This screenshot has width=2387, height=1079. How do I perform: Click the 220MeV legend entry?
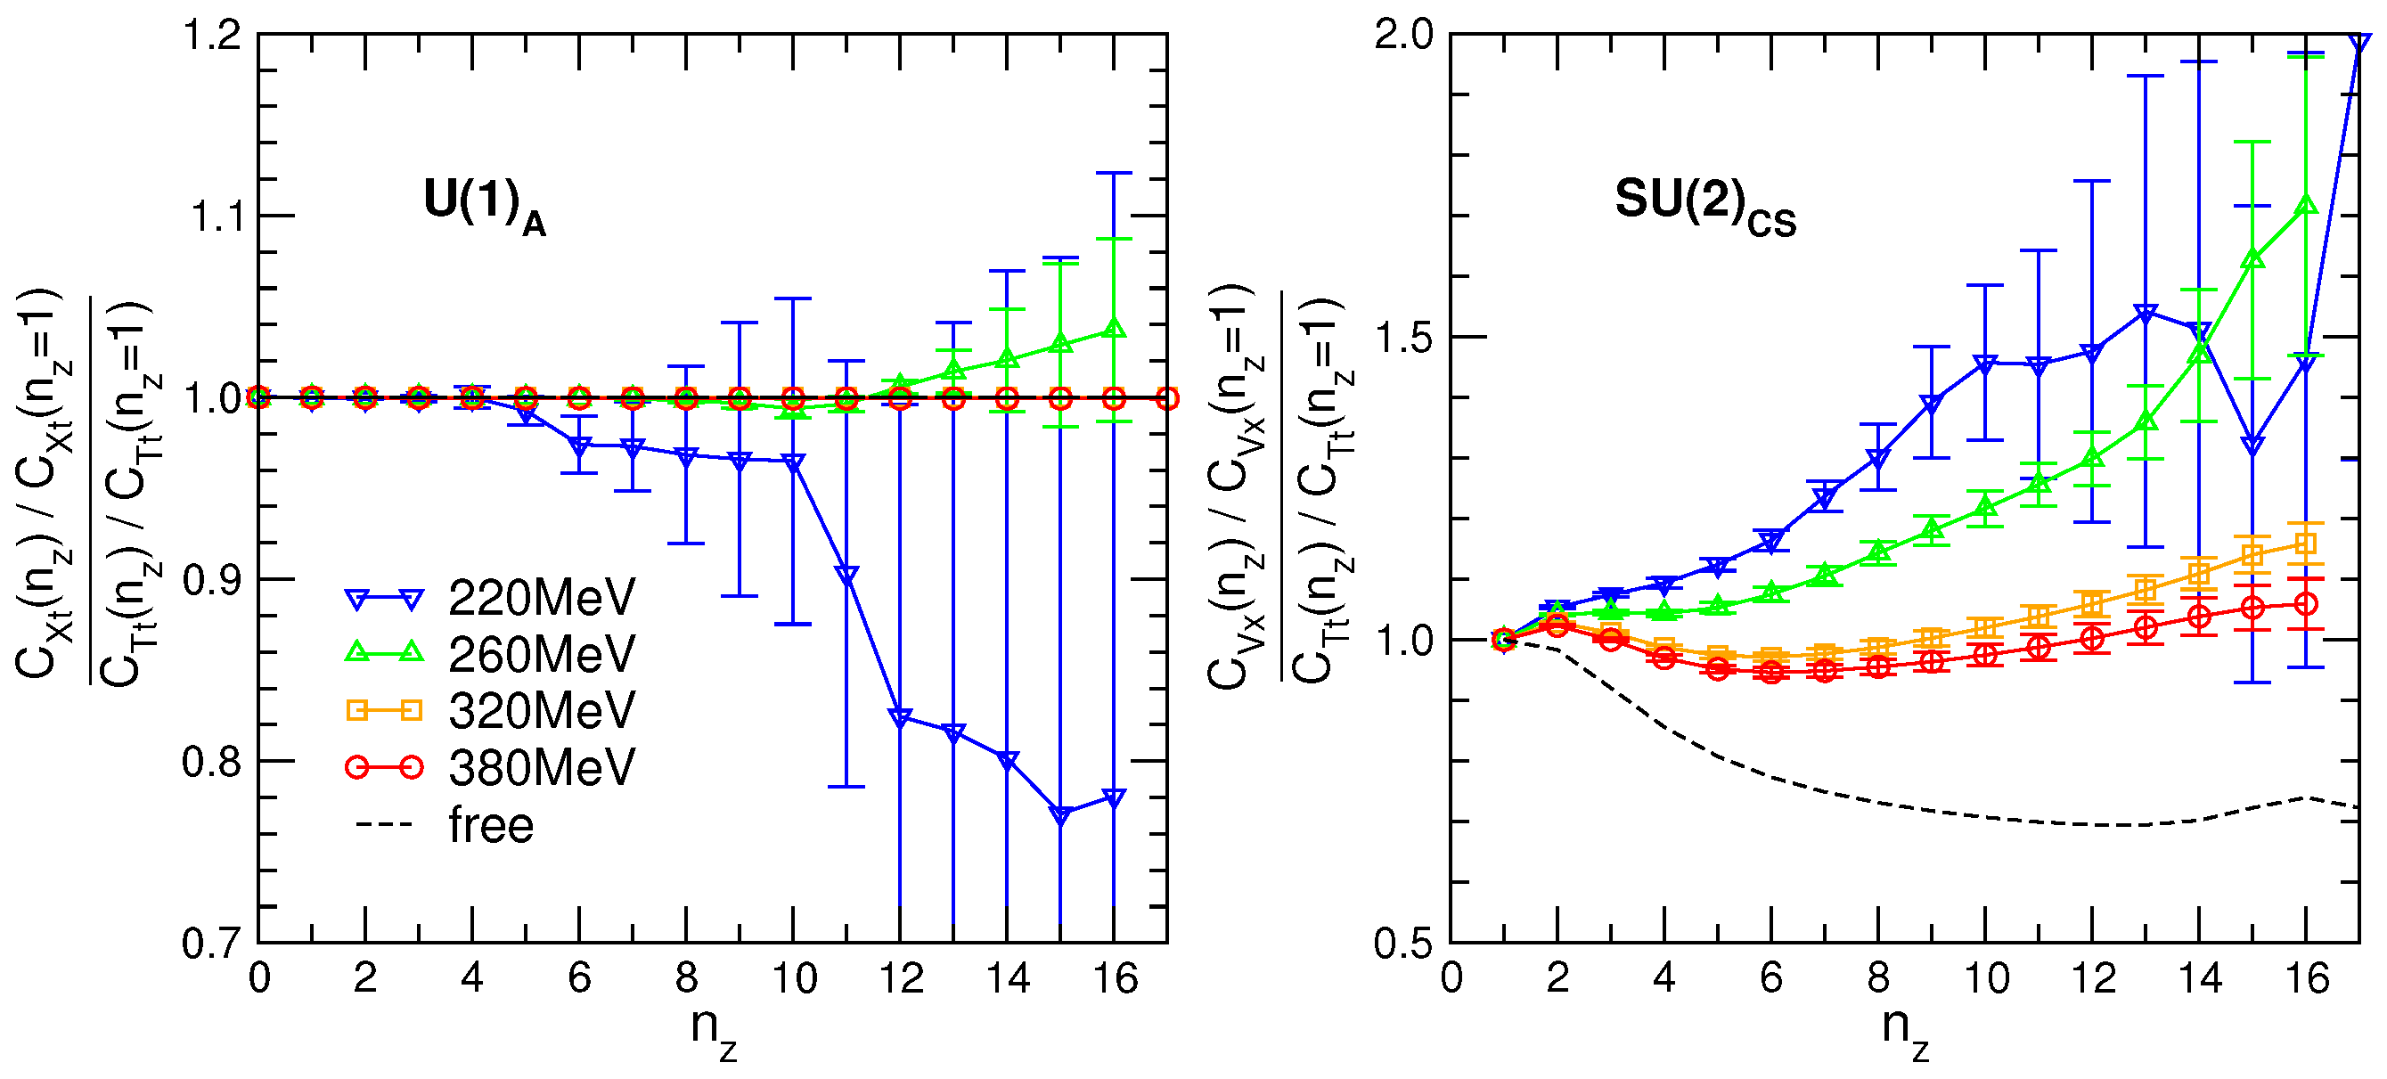click(x=541, y=598)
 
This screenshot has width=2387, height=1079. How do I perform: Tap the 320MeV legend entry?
click(x=541, y=711)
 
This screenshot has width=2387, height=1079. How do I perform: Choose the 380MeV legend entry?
click(x=541, y=767)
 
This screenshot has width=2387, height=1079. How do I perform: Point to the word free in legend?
click(x=491, y=825)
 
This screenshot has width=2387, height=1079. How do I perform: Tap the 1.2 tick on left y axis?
click(x=212, y=36)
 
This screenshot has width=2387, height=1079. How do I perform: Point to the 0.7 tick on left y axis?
click(x=212, y=943)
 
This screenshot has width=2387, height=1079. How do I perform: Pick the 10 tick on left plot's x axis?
click(x=793, y=979)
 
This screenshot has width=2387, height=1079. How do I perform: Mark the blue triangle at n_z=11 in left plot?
click(x=846, y=575)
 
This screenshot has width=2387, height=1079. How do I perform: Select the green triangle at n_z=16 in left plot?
click(x=1115, y=329)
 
